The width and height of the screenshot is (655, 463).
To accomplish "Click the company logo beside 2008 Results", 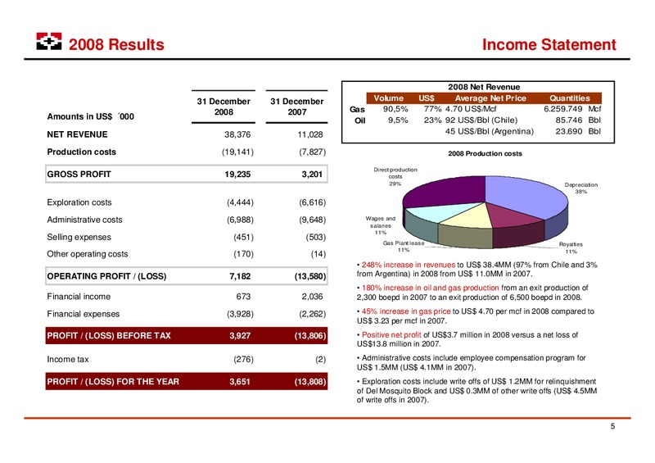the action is coord(49,42).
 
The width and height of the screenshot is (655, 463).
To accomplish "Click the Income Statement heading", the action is coord(549,44).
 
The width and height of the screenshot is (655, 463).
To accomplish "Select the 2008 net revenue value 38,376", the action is coord(237,134).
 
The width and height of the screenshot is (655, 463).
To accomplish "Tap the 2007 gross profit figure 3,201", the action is coord(312,174).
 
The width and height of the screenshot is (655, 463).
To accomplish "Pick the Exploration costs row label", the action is coord(79,202).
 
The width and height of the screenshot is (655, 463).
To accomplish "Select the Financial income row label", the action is coord(79,297).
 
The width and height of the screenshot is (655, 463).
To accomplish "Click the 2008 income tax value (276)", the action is coord(243,359).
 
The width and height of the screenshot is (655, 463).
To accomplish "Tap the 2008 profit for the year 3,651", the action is coord(240,381).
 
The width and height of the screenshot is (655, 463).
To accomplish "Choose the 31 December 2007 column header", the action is coord(297,107).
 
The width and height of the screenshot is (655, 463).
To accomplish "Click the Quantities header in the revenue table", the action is coord(569,98).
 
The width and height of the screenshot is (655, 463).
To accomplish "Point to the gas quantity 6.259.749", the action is coord(562,109).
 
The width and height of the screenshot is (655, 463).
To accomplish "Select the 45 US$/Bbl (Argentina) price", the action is coord(489,131).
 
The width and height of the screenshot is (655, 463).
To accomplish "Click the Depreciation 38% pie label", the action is coord(581,188).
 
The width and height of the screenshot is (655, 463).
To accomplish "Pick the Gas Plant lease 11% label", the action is coord(404,247).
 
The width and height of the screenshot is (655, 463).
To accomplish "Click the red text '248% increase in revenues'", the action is coord(408,265).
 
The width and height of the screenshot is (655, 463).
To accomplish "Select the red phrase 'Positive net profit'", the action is coord(391,334).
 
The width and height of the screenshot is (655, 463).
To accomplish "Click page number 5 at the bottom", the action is coord(612,426).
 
